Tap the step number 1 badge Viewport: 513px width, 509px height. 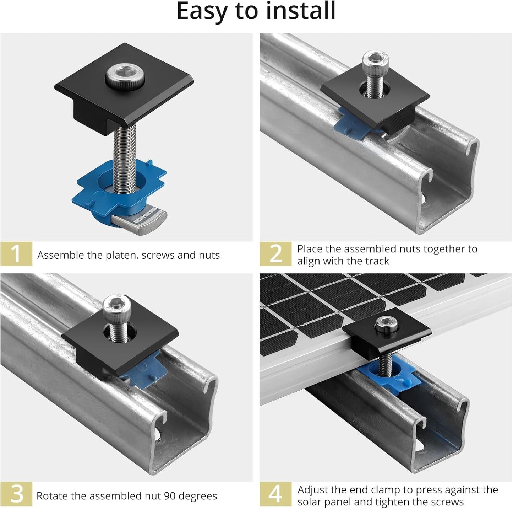16,253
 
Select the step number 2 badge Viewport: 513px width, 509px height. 275,253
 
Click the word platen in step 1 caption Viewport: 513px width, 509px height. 122,255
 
